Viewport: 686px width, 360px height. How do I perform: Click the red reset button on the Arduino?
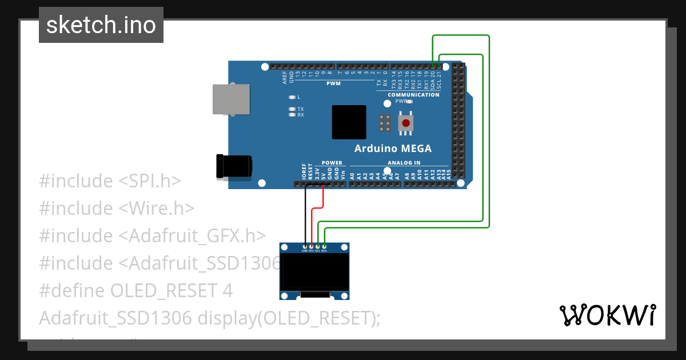tap(406, 123)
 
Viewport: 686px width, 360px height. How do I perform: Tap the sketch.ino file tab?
tap(101, 25)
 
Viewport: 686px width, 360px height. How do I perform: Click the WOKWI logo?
tap(607, 315)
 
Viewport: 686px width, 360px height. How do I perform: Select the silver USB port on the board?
tap(231, 99)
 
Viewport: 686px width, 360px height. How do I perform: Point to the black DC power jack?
tap(233, 166)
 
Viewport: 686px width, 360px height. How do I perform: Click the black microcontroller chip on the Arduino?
tap(349, 122)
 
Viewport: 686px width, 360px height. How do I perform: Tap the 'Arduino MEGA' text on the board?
tap(393, 149)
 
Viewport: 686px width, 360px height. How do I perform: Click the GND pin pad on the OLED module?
tap(305, 247)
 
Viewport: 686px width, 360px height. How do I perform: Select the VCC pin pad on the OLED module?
tap(311, 247)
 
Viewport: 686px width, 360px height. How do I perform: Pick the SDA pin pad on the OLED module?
tap(324, 247)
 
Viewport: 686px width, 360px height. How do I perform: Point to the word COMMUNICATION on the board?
tap(413, 95)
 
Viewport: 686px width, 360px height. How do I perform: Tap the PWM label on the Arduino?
tap(333, 83)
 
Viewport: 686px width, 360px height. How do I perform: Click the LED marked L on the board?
tap(292, 97)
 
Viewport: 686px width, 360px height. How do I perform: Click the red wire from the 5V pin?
tap(324, 197)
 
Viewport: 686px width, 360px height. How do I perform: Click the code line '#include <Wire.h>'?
tap(117, 208)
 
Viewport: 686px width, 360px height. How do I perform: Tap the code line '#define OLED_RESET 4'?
tap(135, 290)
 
